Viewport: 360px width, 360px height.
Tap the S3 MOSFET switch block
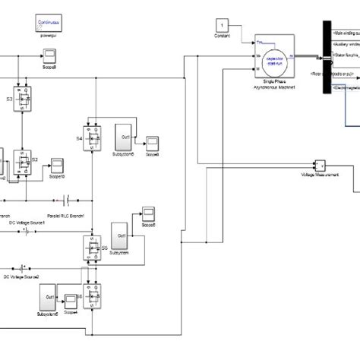29,99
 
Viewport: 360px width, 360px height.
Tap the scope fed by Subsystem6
153,143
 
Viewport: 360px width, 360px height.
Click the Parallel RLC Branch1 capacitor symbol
68,200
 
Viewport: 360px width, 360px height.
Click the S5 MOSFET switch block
93,247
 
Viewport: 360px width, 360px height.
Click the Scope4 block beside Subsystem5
71,298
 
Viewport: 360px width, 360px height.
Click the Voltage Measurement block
319,166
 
